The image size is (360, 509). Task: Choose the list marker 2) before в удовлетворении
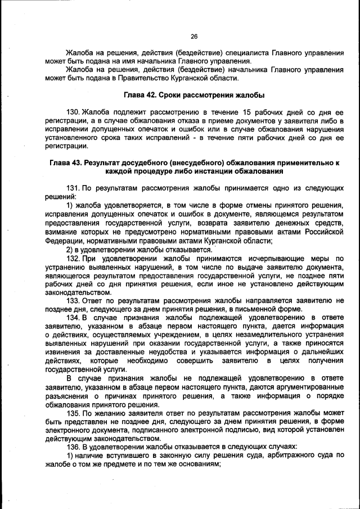pyautogui.click(x=70, y=249)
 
